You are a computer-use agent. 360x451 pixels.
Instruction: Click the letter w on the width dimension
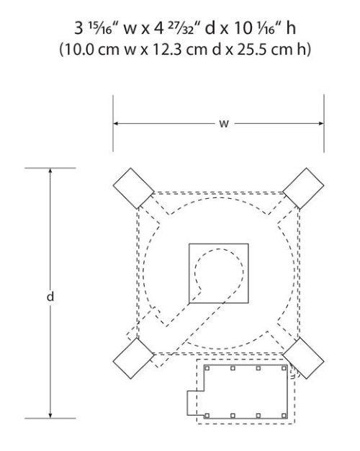click(224, 124)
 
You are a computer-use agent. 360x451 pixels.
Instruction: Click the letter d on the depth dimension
click(50, 296)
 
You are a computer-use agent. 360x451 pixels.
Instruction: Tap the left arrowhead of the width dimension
click(116, 123)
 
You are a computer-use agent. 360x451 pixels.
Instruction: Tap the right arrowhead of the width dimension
click(321, 123)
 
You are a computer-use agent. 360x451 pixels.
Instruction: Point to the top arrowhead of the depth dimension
click(50, 171)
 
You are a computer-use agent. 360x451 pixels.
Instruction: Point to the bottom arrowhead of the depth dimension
click(50, 415)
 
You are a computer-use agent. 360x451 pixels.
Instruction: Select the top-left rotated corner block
click(133, 188)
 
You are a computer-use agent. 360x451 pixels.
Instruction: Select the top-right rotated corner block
click(303, 188)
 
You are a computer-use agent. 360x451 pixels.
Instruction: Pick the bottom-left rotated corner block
click(133, 358)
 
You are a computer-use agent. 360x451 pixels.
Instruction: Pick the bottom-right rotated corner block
click(303, 358)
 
